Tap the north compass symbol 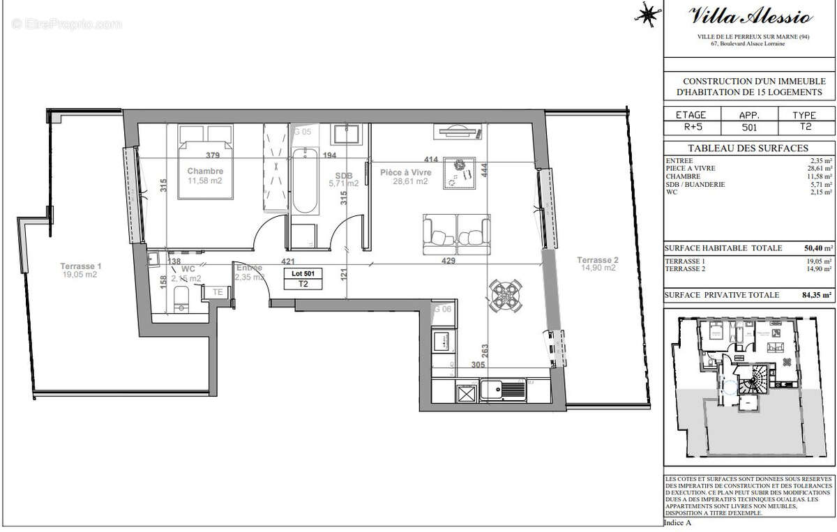point(647,13)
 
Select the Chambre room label point(205,172)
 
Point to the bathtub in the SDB point(305,181)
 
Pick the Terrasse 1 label point(81,266)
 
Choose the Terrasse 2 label point(597,260)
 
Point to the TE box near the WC point(218,292)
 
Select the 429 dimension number point(448,261)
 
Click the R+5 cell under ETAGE point(691,128)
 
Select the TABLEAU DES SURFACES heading point(748,148)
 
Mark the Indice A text point(678,522)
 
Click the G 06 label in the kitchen point(442,309)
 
